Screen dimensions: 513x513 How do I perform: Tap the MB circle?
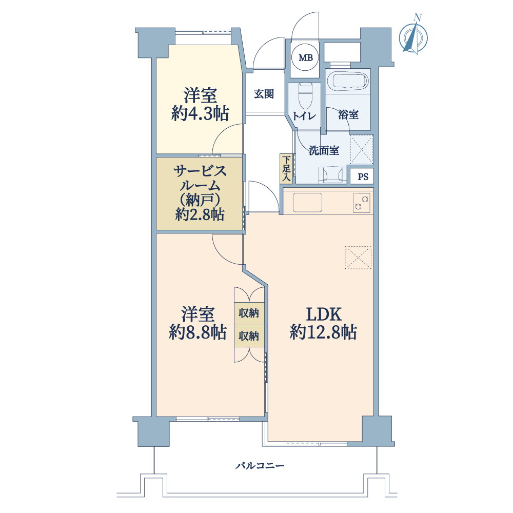click(306, 57)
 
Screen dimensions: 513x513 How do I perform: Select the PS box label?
click(363, 176)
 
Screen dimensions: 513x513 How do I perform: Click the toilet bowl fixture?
click(306, 95)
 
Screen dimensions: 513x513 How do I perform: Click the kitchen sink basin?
click(307, 203)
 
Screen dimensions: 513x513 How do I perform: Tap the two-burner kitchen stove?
click(362, 203)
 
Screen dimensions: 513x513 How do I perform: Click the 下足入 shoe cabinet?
click(286, 168)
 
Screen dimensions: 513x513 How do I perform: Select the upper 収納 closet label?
click(249, 313)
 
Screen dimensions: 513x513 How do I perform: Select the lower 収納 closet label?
click(249, 336)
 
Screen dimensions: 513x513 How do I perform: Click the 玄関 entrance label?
click(264, 94)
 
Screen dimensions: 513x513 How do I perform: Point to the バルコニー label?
click(260, 465)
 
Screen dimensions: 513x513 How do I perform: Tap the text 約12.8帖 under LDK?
click(323, 332)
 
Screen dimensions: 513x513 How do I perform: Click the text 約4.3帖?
click(200, 113)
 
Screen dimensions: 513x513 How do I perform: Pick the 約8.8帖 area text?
click(198, 332)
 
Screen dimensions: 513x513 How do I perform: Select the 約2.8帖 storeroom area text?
click(200, 214)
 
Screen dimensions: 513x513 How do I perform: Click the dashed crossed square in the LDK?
click(358, 258)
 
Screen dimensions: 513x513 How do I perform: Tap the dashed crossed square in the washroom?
click(362, 149)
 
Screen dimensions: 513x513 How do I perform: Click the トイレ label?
click(304, 116)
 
